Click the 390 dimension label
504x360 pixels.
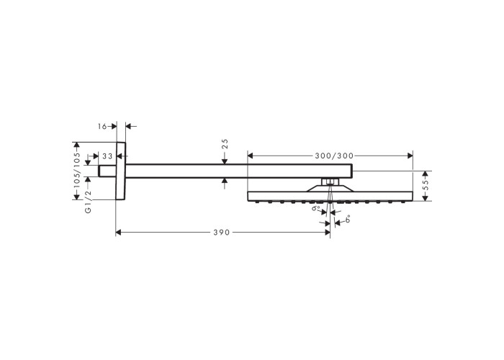222,233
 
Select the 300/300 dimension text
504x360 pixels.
334,156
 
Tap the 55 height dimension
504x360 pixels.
426,186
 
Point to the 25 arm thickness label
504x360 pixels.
225,143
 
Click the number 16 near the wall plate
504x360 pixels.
102,126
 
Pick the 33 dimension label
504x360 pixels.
108,156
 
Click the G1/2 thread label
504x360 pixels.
88,202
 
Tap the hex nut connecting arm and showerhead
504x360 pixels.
330,182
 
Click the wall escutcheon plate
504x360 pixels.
120,171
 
